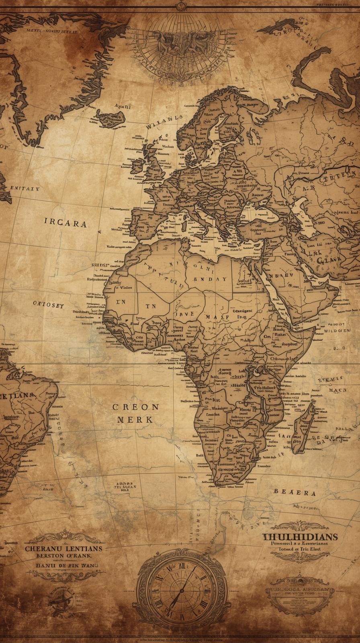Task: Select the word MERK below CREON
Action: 135,420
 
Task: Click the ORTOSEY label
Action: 48,305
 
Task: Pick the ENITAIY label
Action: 25,188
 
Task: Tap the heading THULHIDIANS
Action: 300,537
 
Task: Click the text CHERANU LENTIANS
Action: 63,548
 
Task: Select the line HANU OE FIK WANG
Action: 64,565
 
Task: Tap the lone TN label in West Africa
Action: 150,306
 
